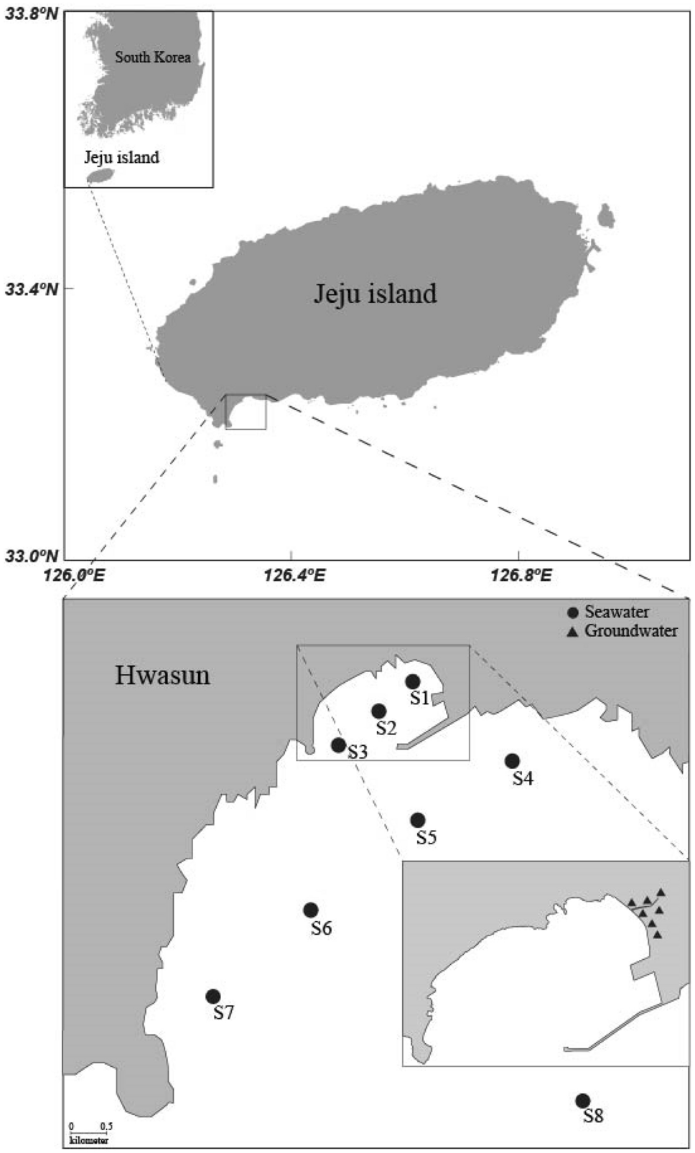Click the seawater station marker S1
[x=412, y=681]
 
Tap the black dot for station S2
[x=379, y=711]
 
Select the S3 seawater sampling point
[x=338, y=745]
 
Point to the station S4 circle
[x=512, y=761]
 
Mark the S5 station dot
[x=418, y=820]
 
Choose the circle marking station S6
[x=311, y=910]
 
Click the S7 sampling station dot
[x=213, y=996]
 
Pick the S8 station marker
[x=583, y=1101]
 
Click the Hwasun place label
[x=162, y=676]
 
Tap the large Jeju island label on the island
[x=375, y=294]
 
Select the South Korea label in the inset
[x=153, y=57]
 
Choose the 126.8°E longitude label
[x=523, y=575]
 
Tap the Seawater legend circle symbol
[x=572, y=613]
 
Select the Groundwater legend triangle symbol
[x=572, y=632]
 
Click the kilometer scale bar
[x=89, y=1132]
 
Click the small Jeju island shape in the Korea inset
[x=100, y=175]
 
